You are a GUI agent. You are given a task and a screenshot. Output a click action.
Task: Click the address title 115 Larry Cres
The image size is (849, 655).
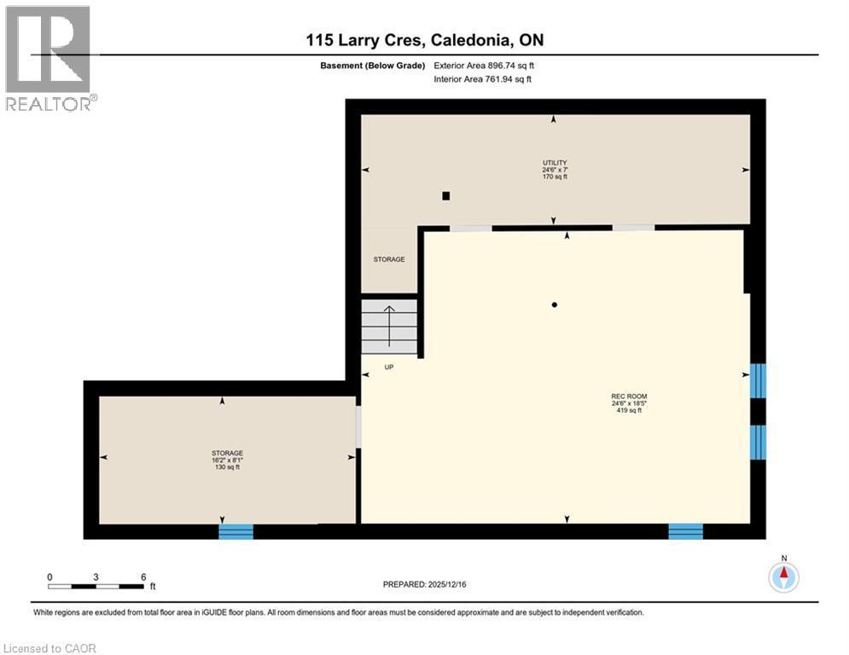424,40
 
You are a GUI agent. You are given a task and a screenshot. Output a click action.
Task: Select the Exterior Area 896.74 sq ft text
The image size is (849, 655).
484,65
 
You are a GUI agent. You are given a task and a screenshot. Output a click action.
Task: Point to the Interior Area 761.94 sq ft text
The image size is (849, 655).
483,79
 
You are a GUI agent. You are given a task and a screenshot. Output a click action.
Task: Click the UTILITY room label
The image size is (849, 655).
555,162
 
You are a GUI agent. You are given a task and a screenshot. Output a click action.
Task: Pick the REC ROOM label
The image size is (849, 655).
628,396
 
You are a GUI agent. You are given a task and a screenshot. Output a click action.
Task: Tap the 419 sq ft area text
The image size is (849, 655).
629,410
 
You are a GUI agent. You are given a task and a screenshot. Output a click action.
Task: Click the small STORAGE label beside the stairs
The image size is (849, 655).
389,259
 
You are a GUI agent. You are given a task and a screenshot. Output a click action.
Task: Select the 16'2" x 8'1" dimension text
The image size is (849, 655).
226,461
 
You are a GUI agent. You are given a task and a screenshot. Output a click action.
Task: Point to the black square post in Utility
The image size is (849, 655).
445,195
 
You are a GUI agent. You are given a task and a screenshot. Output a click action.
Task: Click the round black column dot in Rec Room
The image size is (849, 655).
555,304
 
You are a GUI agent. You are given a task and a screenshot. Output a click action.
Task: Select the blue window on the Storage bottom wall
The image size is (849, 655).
236,531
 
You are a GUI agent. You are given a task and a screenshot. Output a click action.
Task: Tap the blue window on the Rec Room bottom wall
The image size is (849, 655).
685,531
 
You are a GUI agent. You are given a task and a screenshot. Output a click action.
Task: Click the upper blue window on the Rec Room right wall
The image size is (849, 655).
758,381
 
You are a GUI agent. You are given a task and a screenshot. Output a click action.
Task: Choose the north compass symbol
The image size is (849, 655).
783,577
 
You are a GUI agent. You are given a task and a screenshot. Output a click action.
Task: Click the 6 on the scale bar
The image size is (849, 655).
142,577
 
